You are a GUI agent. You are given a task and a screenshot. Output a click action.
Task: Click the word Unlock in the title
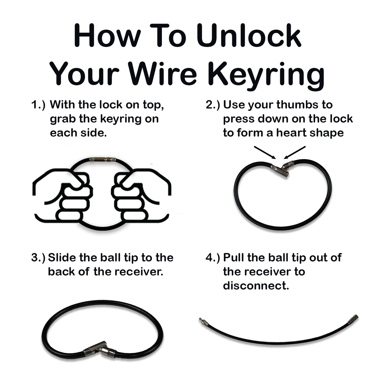(248, 36)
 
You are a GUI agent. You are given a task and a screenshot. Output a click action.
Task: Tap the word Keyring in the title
(266, 75)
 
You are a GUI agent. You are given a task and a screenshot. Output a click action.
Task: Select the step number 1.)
(38, 105)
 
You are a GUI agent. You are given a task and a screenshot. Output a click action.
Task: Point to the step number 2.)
(213, 105)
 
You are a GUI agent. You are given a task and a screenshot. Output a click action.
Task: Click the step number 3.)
(38, 258)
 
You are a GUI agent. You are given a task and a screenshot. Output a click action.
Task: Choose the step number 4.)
(213, 258)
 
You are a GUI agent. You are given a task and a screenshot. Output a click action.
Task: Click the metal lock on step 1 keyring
(102, 159)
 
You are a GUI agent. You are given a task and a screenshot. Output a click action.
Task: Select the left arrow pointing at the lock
(265, 153)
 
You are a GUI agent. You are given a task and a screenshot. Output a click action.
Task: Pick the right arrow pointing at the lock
(295, 153)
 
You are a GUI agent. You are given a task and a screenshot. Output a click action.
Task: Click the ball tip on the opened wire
(201, 320)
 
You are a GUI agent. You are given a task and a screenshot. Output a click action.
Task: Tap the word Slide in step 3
(62, 258)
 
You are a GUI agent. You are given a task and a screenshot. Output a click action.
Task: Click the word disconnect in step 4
(255, 286)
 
